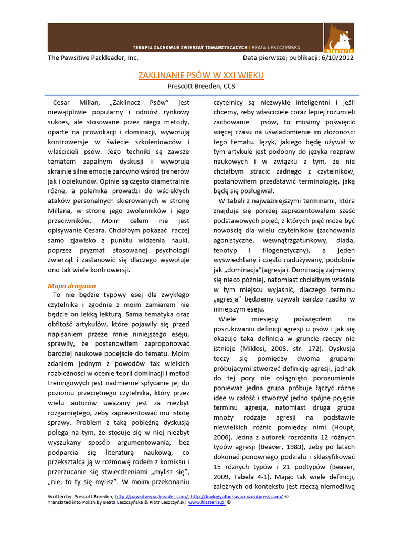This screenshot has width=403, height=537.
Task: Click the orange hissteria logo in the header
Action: pos(338,38)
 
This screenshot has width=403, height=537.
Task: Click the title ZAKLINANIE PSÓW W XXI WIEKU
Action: pos(201,76)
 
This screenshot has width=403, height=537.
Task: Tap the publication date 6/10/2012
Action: pos(336,58)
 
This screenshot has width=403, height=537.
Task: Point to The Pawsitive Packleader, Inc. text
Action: pos(93,58)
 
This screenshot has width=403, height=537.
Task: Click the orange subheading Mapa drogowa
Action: pos(71,286)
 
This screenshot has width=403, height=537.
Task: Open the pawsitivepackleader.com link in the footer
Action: pos(152,496)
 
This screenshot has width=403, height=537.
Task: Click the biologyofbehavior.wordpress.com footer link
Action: pos(237,496)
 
